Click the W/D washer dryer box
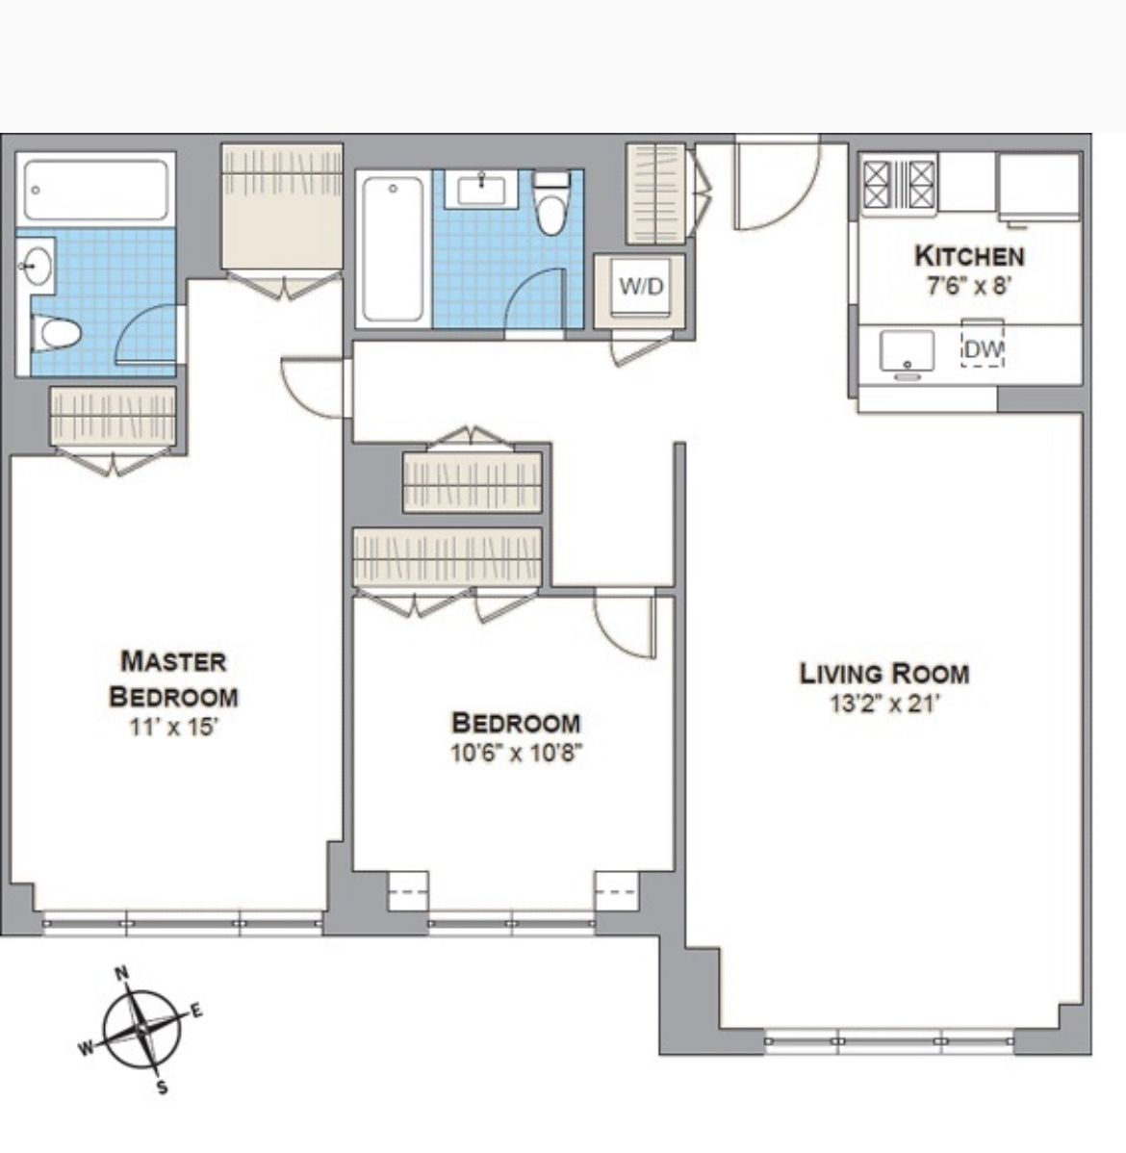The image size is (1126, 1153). (x=641, y=287)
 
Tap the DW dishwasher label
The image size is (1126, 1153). (x=983, y=350)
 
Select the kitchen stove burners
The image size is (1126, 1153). (x=899, y=184)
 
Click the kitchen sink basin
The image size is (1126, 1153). (x=907, y=351)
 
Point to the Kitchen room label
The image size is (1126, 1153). (x=968, y=256)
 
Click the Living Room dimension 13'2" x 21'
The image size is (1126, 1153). (x=883, y=704)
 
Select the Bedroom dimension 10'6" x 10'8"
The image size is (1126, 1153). (x=517, y=753)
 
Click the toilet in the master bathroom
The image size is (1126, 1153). (x=58, y=334)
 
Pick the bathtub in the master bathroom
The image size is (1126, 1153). (x=96, y=190)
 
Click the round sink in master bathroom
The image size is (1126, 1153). (x=37, y=265)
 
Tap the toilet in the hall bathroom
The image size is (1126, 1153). (x=550, y=207)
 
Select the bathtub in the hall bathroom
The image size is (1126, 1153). (x=393, y=247)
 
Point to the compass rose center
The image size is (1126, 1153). (x=141, y=1029)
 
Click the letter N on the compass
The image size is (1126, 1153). (x=122, y=973)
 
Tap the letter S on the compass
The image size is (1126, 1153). (x=162, y=1088)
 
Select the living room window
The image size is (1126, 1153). (x=889, y=1040)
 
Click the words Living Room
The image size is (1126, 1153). (x=883, y=674)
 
